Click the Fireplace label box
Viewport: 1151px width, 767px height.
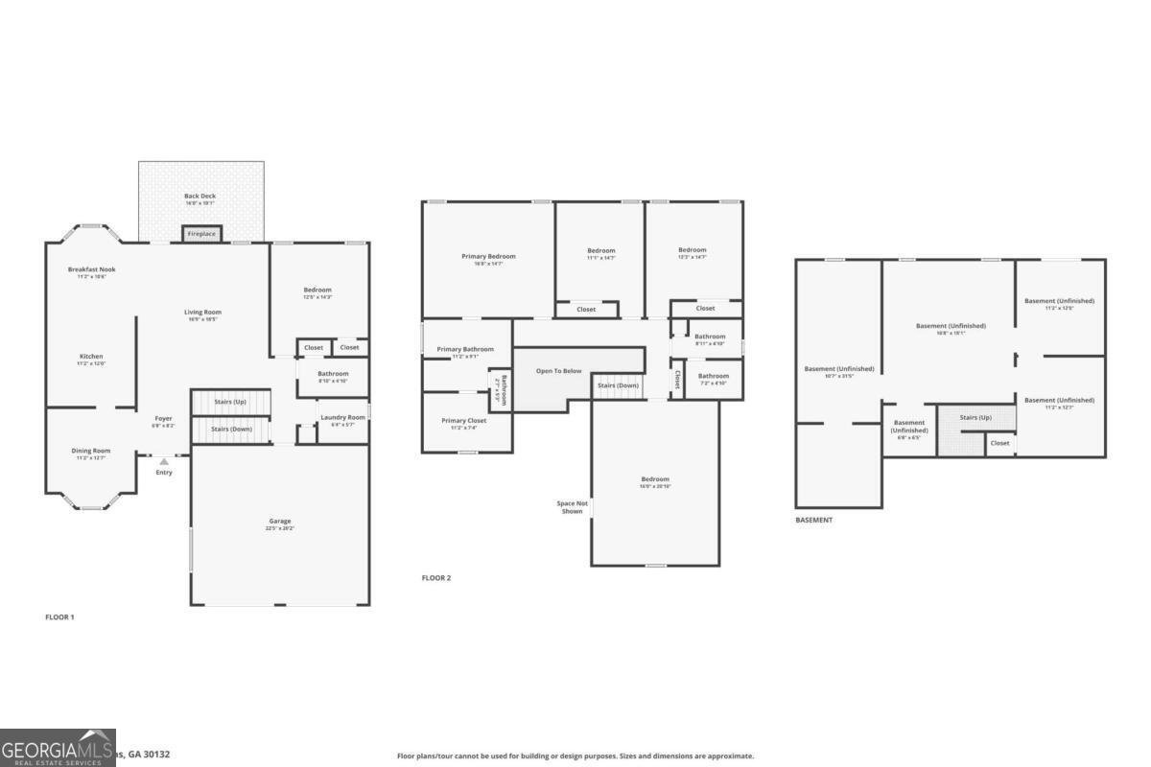pos(201,234)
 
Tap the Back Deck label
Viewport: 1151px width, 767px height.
pos(200,197)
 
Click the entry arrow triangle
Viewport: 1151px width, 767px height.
pos(164,462)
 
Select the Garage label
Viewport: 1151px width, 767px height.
pos(280,522)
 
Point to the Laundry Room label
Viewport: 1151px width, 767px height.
pos(342,417)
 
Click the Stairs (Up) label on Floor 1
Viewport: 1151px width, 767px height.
pos(229,402)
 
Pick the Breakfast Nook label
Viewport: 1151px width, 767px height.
pos(92,270)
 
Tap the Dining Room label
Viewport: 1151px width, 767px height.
pos(91,451)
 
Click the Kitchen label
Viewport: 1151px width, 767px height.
pos(91,357)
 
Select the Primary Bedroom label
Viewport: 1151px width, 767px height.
pos(488,256)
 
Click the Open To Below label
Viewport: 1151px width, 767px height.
pos(558,371)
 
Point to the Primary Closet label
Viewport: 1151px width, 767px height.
pos(464,421)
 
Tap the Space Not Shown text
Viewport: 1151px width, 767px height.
pos(573,507)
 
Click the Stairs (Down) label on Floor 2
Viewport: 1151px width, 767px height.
pos(618,385)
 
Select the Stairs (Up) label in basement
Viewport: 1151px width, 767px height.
pos(975,418)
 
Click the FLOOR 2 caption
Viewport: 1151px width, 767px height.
pos(436,578)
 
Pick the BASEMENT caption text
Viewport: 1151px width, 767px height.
pos(813,520)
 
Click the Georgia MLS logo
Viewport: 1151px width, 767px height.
pos(58,748)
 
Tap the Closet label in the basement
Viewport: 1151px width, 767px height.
pos(999,443)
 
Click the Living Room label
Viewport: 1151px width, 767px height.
pos(202,313)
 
